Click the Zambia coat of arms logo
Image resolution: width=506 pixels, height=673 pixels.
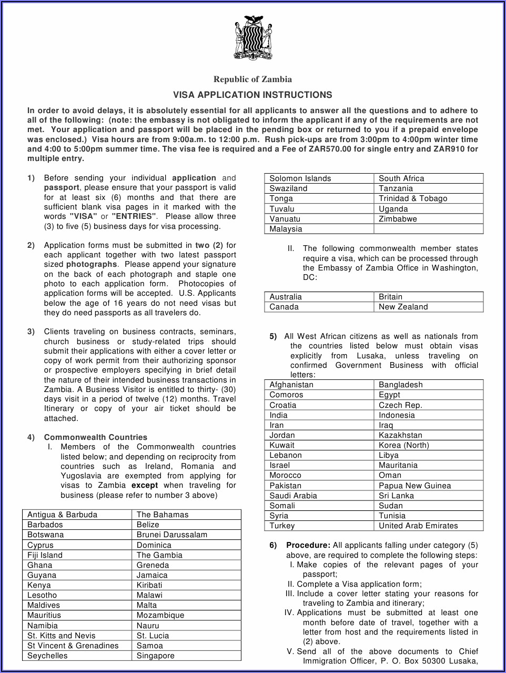point(252,37)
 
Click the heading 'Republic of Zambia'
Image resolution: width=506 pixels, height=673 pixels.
point(252,79)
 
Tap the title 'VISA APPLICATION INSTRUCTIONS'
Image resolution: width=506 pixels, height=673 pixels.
point(252,95)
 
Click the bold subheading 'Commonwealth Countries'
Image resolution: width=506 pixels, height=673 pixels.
point(96,437)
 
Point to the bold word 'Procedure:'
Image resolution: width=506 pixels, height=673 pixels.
point(308,545)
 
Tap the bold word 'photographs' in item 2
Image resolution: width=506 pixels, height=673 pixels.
point(92,265)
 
